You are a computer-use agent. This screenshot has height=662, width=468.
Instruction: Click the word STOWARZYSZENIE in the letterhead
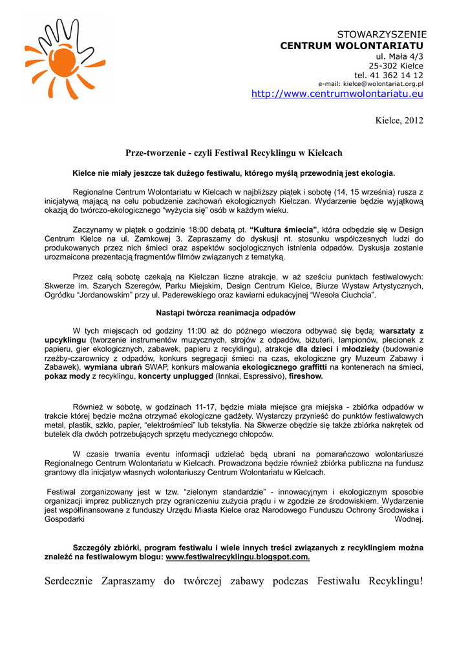(382, 34)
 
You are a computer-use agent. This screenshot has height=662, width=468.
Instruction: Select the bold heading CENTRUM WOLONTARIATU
(352, 45)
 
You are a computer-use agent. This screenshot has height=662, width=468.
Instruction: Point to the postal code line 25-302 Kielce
(396, 66)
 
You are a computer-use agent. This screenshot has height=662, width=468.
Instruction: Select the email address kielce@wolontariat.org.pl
(383, 84)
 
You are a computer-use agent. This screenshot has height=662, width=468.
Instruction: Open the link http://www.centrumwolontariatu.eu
(337, 94)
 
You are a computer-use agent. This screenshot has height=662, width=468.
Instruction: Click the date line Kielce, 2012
(399, 121)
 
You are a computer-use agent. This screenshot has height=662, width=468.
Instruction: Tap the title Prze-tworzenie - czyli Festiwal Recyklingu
(233, 153)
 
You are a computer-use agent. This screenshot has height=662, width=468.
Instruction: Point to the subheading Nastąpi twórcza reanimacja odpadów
(234, 313)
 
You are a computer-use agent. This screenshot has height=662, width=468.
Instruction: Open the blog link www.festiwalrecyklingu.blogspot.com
(238, 557)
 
